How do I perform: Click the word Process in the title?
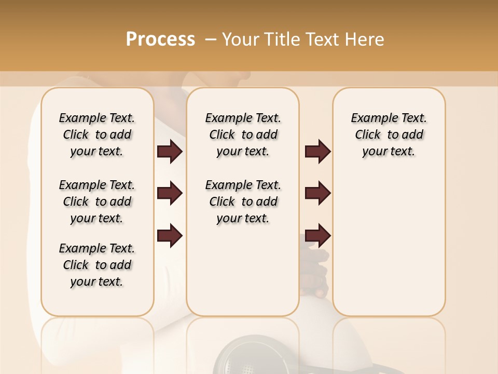coord(160,39)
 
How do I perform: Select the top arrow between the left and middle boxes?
coord(170,151)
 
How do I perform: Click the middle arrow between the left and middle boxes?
coord(170,194)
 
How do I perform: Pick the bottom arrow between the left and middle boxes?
coord(170,235)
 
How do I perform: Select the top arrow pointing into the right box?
coord(317,151)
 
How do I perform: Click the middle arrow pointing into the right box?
coord(317,193)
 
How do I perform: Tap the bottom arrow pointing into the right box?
coord(317,235)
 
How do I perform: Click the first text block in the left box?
coord(97,135)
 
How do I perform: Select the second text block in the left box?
coord(97,202)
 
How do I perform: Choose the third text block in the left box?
coord(97,265)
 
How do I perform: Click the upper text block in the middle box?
coord(243,135)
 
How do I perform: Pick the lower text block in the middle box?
coord(243,202)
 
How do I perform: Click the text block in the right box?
coord(389,135)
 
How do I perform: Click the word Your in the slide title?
coord(240,39)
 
